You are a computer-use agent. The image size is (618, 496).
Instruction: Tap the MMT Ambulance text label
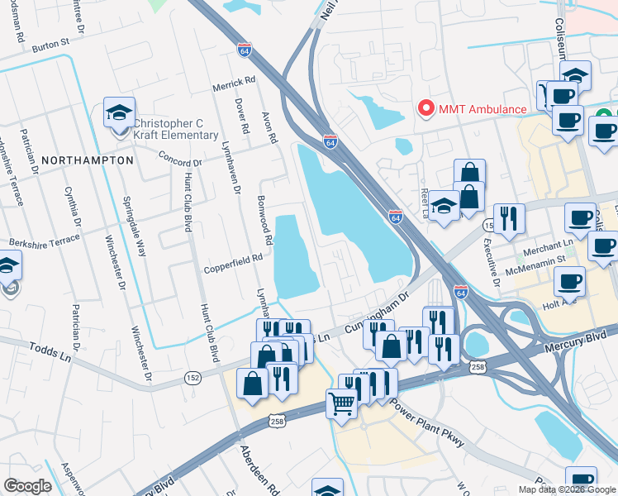coord(482,109)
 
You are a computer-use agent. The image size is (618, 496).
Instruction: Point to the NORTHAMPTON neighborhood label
coord(87,160)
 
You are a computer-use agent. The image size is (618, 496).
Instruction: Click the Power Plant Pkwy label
coord(428,422)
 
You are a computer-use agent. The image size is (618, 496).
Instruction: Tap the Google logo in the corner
coord(26,486)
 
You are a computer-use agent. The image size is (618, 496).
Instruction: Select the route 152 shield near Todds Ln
coord(193,377)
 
